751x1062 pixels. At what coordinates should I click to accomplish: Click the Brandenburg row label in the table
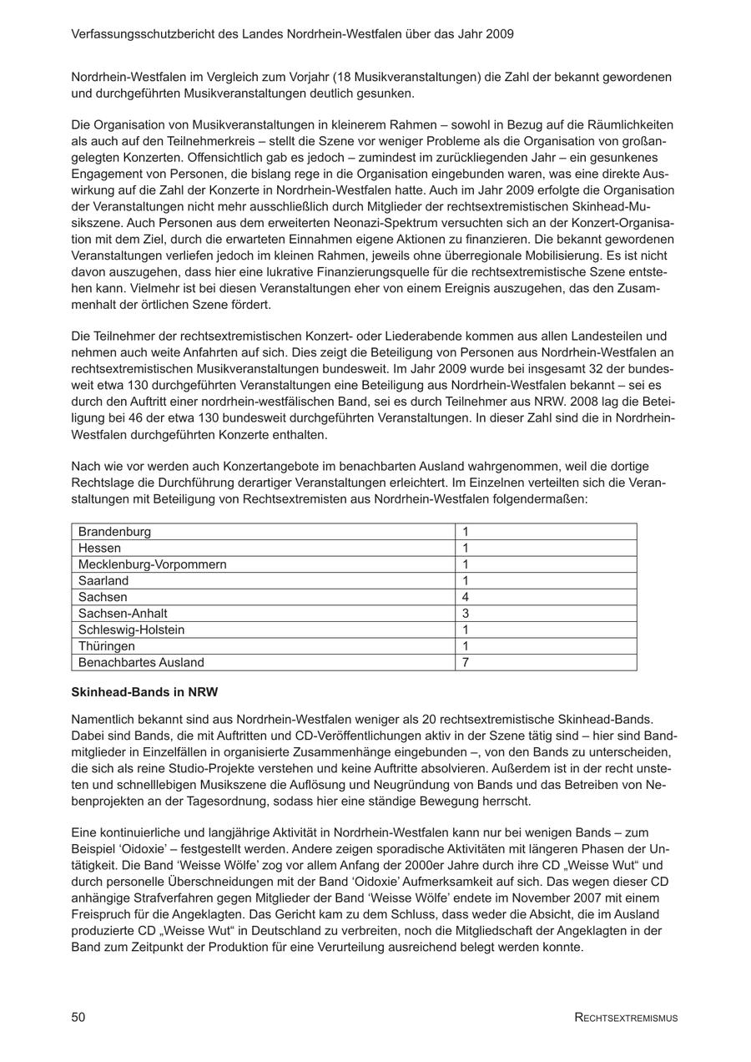point(114,532)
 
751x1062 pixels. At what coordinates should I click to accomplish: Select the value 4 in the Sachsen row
point(466,597)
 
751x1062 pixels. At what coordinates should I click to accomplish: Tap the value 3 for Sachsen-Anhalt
point(466,614)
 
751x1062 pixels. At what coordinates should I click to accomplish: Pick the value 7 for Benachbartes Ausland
point(466,663)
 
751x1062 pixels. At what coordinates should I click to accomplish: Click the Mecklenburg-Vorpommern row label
point(152,564)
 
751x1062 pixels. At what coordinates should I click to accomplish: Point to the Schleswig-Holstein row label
point(131,630)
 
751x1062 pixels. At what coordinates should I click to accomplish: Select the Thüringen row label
point(106,646)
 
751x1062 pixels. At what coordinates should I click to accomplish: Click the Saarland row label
point(103,581)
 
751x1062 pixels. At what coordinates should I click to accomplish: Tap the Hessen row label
point(99,549)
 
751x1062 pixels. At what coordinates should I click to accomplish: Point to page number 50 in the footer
point(78,1017)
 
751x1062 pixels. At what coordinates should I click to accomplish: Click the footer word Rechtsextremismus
point(626,1018)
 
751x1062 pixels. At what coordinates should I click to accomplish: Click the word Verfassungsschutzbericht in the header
point(142,34)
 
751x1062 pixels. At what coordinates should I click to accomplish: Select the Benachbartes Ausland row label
point(141,663)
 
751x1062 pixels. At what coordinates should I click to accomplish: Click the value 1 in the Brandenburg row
point(466,532)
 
